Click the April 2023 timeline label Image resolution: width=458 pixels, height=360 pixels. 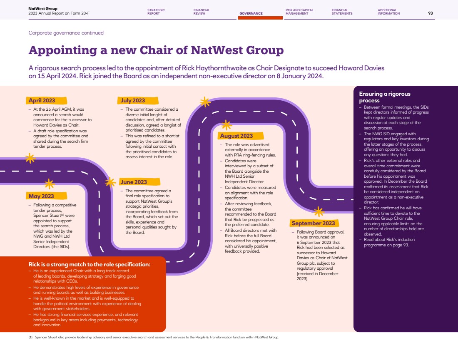coord(42,100)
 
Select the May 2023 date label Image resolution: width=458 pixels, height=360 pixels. coord(41,196)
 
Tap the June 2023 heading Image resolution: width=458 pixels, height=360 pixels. coord(134,182)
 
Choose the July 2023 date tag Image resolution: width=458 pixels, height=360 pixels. coord(133,100)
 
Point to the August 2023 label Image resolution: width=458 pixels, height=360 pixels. coord(236,136)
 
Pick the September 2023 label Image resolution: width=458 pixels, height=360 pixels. coord(313,223)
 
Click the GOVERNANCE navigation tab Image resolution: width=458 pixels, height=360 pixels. coord(251,13)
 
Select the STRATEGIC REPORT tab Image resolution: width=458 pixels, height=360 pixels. coord(156,12)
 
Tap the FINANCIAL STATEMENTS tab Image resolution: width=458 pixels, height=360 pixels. coord(342,12)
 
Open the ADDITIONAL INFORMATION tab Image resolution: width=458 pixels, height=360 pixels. coord(388,12)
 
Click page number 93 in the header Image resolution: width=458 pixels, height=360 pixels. coord(431,13)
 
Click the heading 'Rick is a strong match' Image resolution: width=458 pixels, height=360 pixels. coord(90,265)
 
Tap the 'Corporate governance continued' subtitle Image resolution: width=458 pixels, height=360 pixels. coord(66,33)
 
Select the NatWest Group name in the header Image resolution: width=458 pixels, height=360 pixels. coord(43,9)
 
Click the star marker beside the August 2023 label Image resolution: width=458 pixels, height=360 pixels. coord(226,125)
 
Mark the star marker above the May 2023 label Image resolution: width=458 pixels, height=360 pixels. coord(50,184)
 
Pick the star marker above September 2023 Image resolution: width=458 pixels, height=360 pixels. coord(319,212)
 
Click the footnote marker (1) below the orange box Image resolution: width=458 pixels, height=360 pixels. coord(30,337)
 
